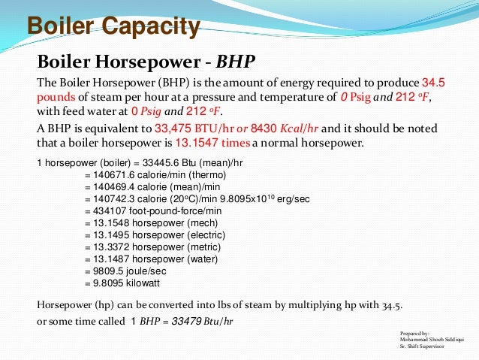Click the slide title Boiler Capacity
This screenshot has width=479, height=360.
113,28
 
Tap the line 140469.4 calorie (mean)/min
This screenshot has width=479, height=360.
159,186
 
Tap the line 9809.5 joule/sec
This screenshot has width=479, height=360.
125,271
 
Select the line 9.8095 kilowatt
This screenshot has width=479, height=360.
125,283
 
